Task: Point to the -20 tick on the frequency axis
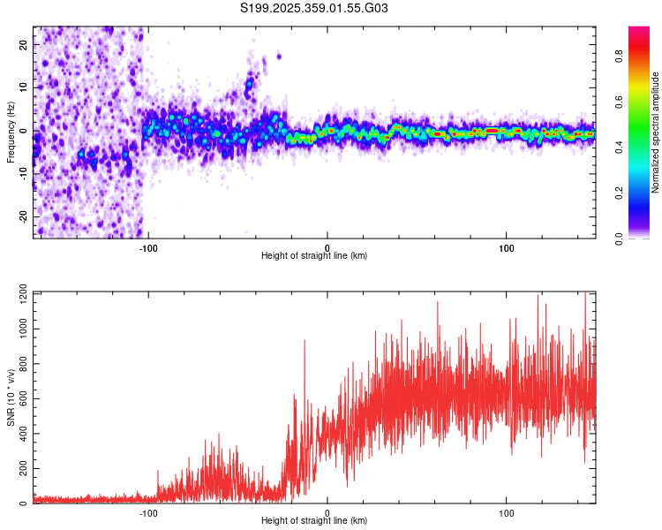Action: [x=22, y=217]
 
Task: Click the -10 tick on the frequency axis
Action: [x=22, y=174]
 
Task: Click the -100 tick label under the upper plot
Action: [x=147, y=246]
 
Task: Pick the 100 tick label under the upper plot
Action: [x=507, y=246]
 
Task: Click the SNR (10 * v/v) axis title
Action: [x=11, y=397]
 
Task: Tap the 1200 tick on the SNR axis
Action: [x=18, y=293]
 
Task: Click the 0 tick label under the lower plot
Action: [x=327, y=512]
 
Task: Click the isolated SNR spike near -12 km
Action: [x=305, y=341]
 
